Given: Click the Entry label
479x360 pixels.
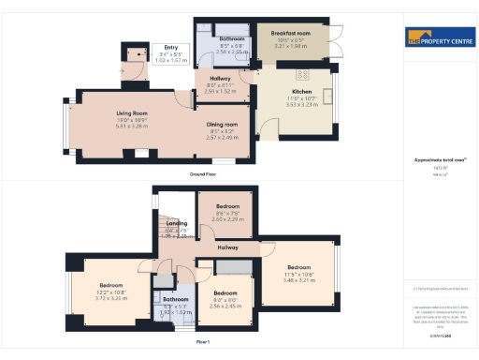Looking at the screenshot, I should point(170,47).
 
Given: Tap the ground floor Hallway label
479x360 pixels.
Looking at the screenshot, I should point(221,78).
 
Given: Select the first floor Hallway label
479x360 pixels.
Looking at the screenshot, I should point(228,247).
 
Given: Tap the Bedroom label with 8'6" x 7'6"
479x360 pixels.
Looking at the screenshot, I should point(228,205).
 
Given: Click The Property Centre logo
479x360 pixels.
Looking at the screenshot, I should point(438,38).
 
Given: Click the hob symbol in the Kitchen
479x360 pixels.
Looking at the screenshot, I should point(303,74).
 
